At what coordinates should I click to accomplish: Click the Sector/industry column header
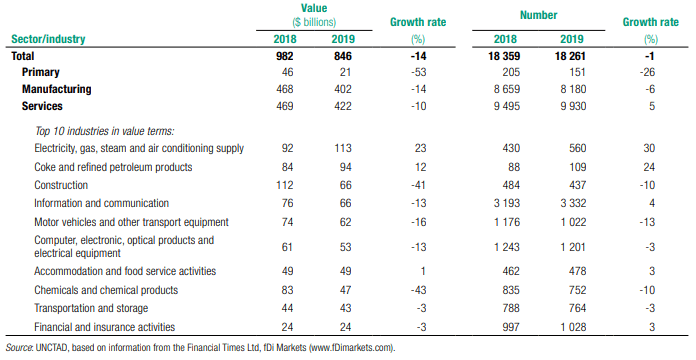[x=48, y=39]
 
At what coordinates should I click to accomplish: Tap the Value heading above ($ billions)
[x=314, y=8]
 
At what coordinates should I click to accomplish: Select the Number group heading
[x=538, y=15]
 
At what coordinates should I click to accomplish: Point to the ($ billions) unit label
[x=314, y=22]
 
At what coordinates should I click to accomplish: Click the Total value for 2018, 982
[x=284, y=56]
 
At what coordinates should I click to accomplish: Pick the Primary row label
[x=40, y=72]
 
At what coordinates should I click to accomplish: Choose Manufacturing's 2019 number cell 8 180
[x=573, y=89]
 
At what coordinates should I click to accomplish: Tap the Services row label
[x=42, y=106]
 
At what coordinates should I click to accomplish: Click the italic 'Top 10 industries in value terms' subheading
[x=105, y=131]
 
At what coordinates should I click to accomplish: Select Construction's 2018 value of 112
[x=285, y=185]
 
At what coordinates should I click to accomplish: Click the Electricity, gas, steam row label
[x=139, y=148]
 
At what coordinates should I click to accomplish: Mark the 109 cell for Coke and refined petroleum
[x=577, y=167]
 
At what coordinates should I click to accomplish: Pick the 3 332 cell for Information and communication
[x=573, y=203]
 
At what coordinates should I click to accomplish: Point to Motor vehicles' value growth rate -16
[x=418, y=222]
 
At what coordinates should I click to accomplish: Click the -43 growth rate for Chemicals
[x=418, y=290]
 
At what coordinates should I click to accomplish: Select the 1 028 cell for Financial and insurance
[x=573, y=327]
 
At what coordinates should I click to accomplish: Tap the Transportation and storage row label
[x=91, y=308]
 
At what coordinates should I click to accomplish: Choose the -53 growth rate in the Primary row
[x=418, y=72]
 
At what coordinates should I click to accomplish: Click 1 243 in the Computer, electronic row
[x=506, y=247]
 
